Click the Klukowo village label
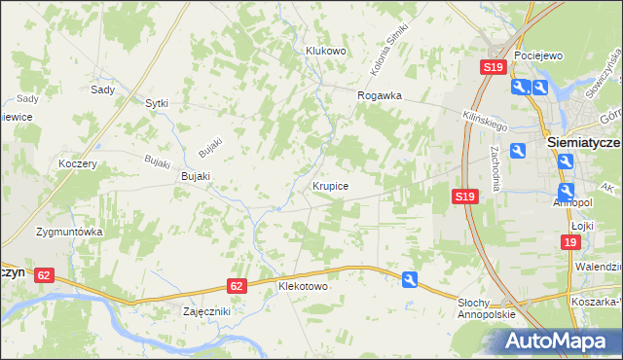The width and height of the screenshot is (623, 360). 326,51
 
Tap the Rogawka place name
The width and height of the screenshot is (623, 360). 380,96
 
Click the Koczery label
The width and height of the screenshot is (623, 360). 78,164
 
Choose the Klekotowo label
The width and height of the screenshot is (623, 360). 303,287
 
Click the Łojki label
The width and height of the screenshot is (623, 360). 583,225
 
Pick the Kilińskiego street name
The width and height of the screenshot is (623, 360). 486,120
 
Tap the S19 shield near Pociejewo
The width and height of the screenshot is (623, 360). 493,67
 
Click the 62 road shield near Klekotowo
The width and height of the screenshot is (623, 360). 238,286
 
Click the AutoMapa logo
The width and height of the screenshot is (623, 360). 559,341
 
